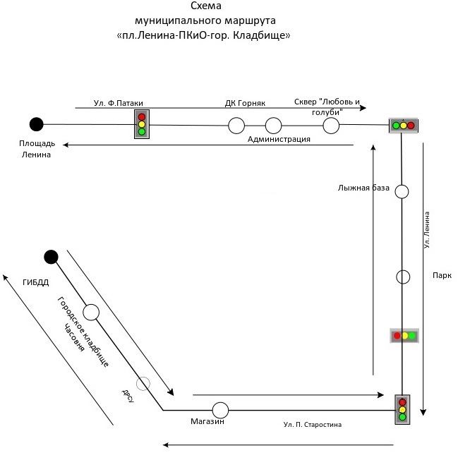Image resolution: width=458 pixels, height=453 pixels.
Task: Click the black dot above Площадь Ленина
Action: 37,124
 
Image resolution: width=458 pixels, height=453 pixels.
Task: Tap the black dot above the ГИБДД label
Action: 51,257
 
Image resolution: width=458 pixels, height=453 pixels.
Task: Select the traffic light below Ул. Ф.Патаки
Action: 142,124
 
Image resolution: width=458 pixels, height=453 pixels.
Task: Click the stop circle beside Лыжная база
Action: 402,192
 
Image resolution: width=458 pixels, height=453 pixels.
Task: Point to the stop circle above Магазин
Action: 220,410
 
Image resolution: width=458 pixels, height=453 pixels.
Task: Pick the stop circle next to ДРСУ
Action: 143,383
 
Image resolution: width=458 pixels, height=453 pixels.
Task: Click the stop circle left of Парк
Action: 403,277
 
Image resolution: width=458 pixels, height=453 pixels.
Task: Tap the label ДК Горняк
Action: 245,103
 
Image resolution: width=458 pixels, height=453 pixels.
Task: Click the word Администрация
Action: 279,139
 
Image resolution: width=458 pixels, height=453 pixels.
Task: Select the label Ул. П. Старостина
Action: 312,424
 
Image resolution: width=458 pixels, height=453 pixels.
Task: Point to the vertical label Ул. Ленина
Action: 427,230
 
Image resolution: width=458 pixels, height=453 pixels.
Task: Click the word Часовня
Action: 74,337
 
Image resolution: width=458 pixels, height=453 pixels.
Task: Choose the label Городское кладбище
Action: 83,332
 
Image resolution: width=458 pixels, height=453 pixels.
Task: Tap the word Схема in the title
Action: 206,6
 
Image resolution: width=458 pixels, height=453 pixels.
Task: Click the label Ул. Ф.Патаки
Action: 119,103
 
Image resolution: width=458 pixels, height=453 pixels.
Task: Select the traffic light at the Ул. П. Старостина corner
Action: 402,409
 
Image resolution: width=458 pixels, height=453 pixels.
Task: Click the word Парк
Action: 442,275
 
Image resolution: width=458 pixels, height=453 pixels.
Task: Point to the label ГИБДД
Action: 35,282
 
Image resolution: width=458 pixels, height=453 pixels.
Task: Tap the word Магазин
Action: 207,421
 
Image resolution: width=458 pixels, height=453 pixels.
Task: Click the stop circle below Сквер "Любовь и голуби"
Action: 331,126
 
